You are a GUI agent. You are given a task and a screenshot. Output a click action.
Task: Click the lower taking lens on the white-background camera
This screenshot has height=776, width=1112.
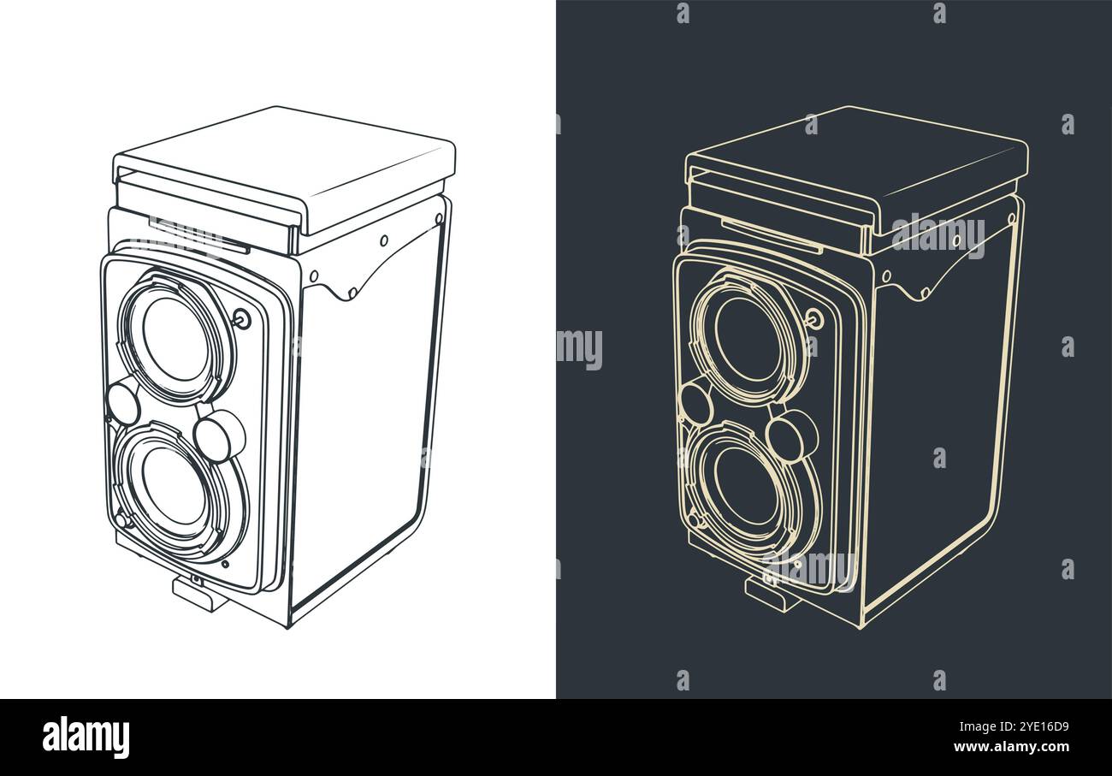(x=174, y=486)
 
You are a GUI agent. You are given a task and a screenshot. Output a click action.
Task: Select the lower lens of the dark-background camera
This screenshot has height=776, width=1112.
(x=746, y=486)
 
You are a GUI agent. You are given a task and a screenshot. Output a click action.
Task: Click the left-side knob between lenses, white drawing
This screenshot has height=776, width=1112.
(x=122, y=402)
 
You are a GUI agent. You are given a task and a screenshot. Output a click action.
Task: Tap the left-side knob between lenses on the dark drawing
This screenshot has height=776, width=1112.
(x=695, y=402)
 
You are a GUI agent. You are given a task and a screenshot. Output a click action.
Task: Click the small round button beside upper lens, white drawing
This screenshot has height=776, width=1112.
(x=242, y=319)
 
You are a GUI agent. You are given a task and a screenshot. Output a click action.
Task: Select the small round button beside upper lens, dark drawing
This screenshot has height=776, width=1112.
(x=813, y=319)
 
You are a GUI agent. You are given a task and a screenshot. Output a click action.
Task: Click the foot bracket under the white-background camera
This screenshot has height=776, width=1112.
(x=199, y=593)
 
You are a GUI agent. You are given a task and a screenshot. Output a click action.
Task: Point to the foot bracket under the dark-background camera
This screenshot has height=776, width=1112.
(x=772, y=593)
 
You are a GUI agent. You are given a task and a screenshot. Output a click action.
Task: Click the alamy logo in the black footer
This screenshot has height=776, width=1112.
(x=86, y=737)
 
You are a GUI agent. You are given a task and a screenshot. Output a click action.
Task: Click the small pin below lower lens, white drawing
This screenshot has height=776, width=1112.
(x=225, y=564)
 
